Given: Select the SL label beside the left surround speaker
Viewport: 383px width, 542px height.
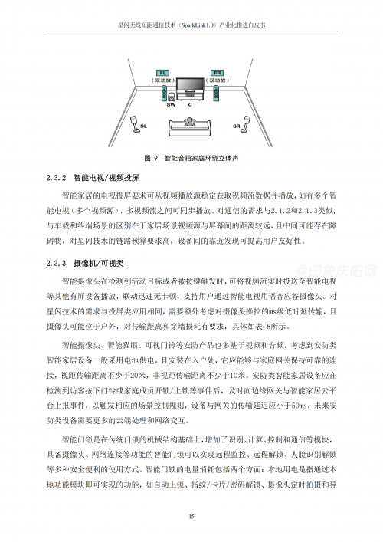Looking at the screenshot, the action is [144, 125].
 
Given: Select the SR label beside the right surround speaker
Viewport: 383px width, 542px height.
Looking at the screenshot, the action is [237, 125].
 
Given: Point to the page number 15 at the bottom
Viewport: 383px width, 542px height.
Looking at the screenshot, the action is [191, 517].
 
